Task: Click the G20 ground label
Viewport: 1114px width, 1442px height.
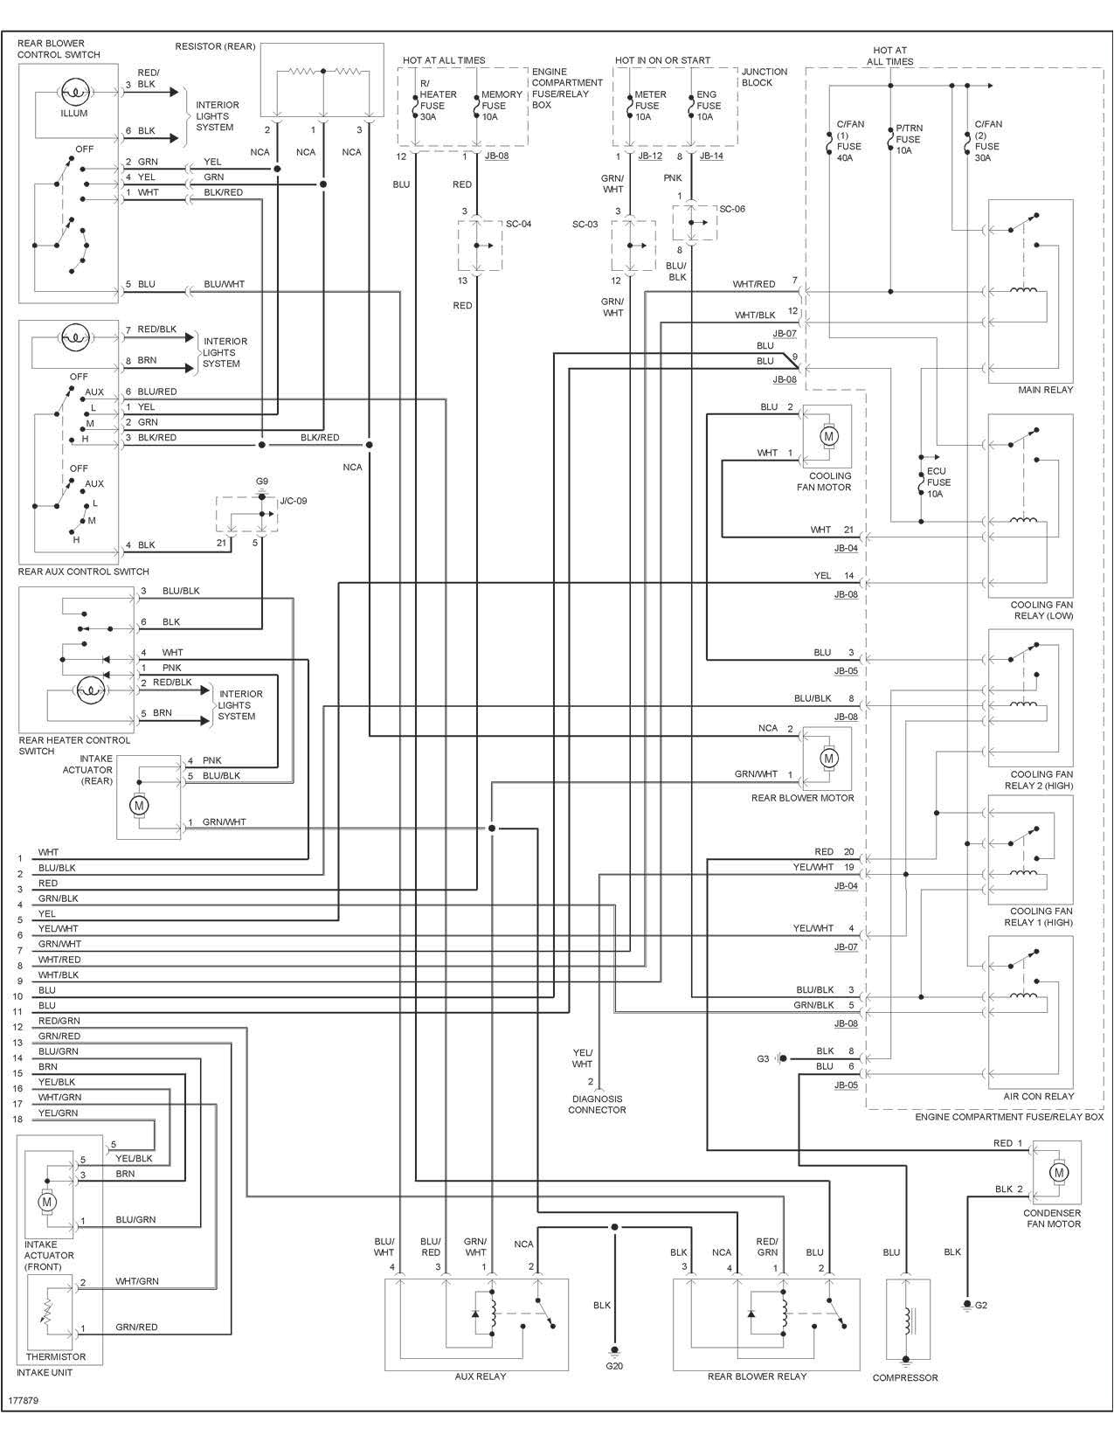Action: [614, 1365]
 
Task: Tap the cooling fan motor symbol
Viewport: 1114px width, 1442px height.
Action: [829, 435]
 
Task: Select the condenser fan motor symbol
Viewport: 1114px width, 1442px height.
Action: [1059, 1172]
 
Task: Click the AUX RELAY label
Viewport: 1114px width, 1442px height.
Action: [480, 1376]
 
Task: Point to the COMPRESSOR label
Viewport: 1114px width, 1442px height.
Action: [904, 1378]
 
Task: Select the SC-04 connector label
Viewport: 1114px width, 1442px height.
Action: [518, 224]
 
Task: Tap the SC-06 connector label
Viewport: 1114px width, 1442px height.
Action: [732, 209]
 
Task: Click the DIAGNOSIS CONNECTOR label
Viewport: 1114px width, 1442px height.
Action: [597, 1105]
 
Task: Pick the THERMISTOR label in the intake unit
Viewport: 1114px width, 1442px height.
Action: [56, 1357]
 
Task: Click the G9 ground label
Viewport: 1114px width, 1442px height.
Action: [262, 482]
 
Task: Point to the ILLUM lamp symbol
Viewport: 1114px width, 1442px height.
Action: [73, 92]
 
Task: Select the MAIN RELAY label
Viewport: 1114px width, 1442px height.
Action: [1045, 390]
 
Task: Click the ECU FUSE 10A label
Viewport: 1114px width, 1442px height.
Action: [938, 482]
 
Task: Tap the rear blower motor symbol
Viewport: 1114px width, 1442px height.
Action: [828, 759]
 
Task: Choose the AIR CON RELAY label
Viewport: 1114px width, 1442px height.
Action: [1044, 1096]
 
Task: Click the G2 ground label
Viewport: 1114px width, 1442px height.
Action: [980, 1305]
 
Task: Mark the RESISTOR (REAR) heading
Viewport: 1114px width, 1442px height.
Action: [215, 46]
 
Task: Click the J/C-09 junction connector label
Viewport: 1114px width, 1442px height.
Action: [294, 501]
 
